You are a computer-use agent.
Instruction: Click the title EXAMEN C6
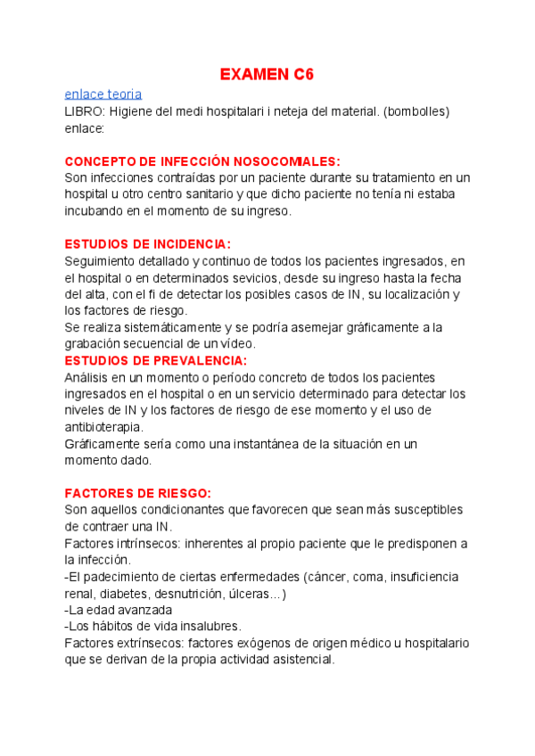pyautogui.click(x=267, y=75)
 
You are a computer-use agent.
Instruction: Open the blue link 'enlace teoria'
pyautogui.click(x=103, y=94)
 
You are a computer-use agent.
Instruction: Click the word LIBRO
pyautogui.click(x=85, y=111)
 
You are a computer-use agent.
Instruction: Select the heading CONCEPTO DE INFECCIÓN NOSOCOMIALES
pyautogui.click(x=202, y=160)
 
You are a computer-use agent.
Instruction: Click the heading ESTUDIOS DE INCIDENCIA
pyautogui.click(x=148, y=243)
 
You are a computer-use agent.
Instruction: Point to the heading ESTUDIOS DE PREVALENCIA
pyautogui.click(x=156, y=360)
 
